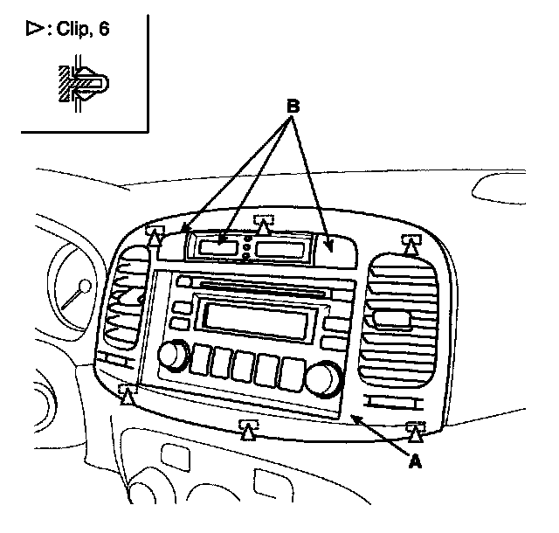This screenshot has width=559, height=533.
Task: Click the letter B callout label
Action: coord(294,107)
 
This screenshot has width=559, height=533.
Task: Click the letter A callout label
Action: coord(416,462)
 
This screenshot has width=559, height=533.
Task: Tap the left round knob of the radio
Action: coord(173,356)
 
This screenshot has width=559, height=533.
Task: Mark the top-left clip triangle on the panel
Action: coord(155,237)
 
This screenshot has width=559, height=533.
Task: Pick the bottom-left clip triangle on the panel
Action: coord(128,397)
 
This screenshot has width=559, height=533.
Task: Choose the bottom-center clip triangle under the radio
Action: coord(248,429)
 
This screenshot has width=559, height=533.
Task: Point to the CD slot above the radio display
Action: coord(262,287)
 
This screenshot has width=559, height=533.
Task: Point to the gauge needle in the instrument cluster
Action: coord(75,293)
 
